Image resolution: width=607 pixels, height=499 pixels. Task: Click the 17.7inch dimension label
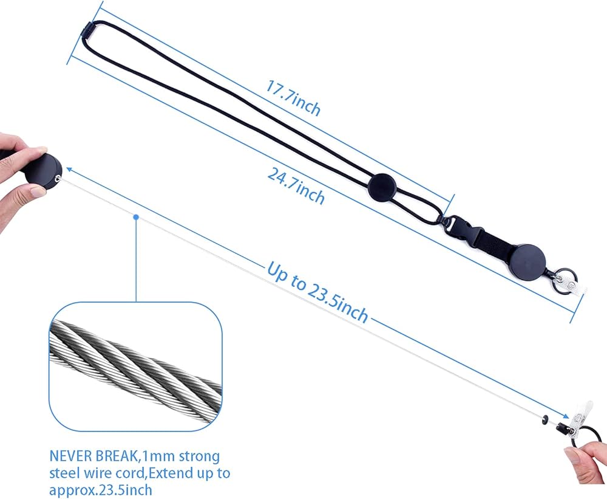293,98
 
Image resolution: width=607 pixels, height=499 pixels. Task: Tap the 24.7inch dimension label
296,187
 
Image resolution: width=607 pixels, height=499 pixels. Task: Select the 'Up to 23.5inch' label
317,292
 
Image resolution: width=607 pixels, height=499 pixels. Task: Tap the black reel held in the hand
42,171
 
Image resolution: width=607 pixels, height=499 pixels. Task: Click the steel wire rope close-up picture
135,367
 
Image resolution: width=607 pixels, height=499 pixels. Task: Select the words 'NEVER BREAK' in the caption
94,456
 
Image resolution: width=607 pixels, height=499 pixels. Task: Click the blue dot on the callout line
136,217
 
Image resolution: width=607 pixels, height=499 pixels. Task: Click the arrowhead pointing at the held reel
70,169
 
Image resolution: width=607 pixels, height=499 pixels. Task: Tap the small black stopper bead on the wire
545,418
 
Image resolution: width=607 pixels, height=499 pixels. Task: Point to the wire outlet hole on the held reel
58,178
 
